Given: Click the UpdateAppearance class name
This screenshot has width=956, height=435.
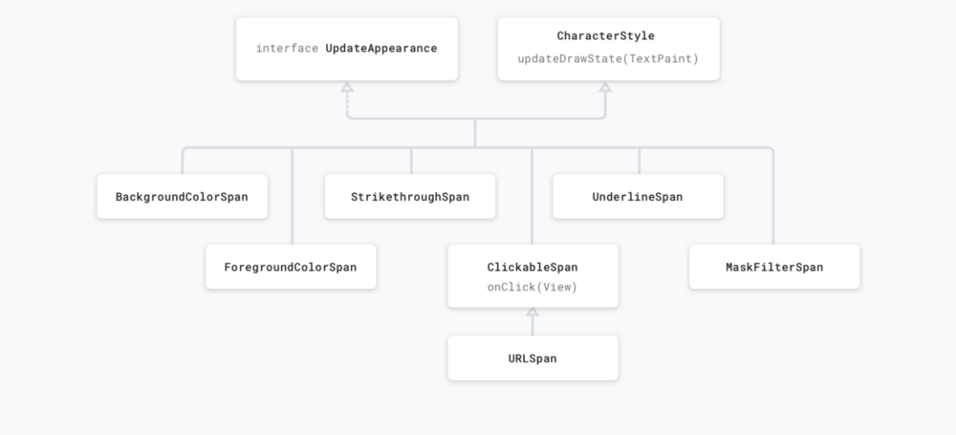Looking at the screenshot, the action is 381,48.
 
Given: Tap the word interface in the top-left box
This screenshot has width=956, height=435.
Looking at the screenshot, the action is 287,48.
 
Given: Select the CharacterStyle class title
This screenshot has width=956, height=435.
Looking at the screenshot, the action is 605,36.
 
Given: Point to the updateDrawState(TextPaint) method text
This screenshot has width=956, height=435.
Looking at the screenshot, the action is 608,58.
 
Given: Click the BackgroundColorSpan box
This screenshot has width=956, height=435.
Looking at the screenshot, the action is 183,196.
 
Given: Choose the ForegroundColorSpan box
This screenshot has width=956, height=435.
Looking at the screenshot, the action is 291,267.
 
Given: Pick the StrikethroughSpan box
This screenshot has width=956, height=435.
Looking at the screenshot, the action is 410,196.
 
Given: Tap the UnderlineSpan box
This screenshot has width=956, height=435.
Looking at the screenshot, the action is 638,196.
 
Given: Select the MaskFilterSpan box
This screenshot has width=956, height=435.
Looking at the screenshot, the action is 774,267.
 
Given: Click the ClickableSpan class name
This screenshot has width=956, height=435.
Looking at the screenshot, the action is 532,268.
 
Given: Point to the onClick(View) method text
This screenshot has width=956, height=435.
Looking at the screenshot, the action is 532,287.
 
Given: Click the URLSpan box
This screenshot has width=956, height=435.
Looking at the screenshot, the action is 532,359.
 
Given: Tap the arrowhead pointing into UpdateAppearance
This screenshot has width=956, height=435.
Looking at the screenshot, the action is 347,87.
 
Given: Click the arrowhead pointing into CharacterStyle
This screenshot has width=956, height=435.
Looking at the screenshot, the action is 605,87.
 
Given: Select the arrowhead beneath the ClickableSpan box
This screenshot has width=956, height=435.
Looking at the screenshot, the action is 532,312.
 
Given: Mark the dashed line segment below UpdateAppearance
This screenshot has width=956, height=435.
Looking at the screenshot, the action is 347,102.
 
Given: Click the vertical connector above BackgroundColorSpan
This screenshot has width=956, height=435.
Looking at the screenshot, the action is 183,162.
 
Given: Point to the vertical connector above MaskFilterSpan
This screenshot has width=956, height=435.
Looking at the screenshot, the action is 773,196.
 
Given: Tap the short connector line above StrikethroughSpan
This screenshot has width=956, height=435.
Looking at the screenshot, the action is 411,161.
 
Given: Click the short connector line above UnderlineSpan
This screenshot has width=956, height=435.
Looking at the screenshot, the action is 639,161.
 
